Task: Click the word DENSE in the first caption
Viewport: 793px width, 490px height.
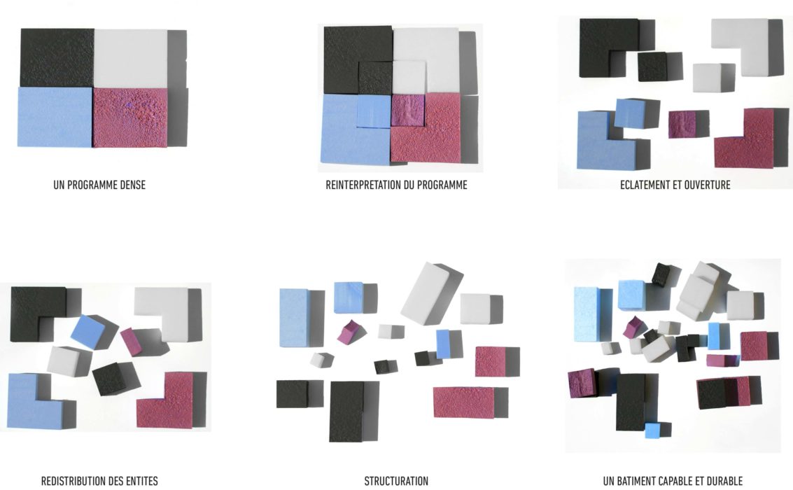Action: (130, 185)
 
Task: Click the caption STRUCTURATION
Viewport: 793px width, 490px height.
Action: (396, 481)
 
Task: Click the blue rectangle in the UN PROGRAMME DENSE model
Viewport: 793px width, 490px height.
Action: (55, 117)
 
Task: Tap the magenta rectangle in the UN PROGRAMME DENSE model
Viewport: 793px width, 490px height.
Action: (130, 118)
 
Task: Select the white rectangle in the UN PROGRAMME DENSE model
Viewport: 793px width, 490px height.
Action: (130, 58)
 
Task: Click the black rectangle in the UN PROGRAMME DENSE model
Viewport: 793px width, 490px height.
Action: (57, 58)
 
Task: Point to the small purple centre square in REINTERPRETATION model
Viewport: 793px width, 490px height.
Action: (407, 110)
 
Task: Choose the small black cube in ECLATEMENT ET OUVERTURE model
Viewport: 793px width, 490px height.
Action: (652, 66)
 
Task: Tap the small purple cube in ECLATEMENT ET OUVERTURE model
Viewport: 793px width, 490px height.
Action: (683, 124)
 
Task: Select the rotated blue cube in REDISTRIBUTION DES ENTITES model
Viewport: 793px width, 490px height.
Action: (87, 331)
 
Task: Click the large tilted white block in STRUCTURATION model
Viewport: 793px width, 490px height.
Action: (432, 292)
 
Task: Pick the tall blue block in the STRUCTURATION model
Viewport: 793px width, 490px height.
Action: (294, 317)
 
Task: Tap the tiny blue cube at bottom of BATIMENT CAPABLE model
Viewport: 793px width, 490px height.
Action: (652, 430)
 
